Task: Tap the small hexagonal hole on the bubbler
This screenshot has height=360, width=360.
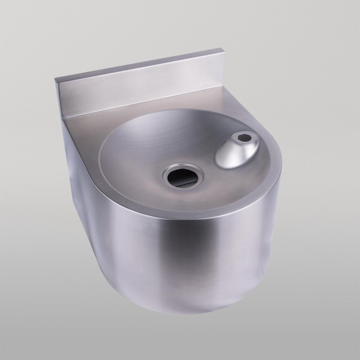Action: click(x=244, y=138)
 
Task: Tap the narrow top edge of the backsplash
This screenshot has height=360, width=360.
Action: click(x=138, y=65)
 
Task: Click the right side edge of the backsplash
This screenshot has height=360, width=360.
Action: click(x=223, y=69)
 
